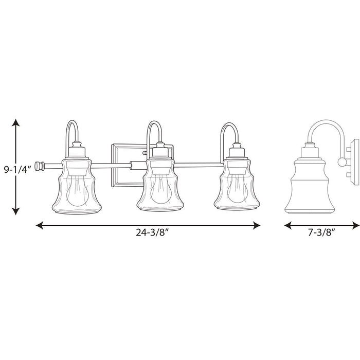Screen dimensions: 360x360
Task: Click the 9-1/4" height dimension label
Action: [x=17, y=170]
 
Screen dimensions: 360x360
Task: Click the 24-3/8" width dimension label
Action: [x=152, y=232]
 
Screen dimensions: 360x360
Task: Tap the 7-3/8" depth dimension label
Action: [x=320, y=232]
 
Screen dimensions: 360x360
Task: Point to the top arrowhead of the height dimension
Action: [x=15, y=122]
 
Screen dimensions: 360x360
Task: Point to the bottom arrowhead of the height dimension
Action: [x=15, y=211]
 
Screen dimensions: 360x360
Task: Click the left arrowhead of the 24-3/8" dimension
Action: [x=40, y=225]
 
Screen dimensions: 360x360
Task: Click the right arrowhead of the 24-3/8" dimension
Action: [x=257, y=225]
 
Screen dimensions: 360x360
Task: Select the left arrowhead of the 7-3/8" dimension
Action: [x=288, y=225]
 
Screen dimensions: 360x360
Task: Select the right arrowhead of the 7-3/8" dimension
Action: [x=356, y=225]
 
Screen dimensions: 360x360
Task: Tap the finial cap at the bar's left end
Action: [x=40, y=166]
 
